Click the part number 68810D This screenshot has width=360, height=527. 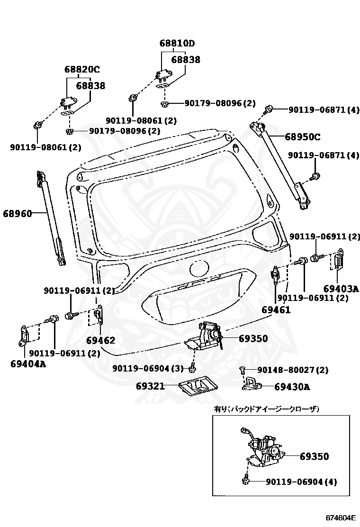coord(177,44)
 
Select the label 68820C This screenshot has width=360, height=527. coord(82,70)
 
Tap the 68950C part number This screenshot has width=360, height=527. coord(302,137)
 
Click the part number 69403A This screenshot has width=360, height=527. coord(341,288)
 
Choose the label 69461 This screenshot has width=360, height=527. coord(276,310)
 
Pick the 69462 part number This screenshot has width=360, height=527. coord(100,340)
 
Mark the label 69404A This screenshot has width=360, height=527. coord(28,364)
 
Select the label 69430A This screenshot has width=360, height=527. coord(292,387)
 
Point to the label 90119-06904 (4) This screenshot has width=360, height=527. coord(301,482)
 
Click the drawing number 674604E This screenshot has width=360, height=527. coord(340,518)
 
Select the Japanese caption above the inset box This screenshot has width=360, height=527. coord(267,409)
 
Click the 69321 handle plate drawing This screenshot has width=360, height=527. coord(198,388)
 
